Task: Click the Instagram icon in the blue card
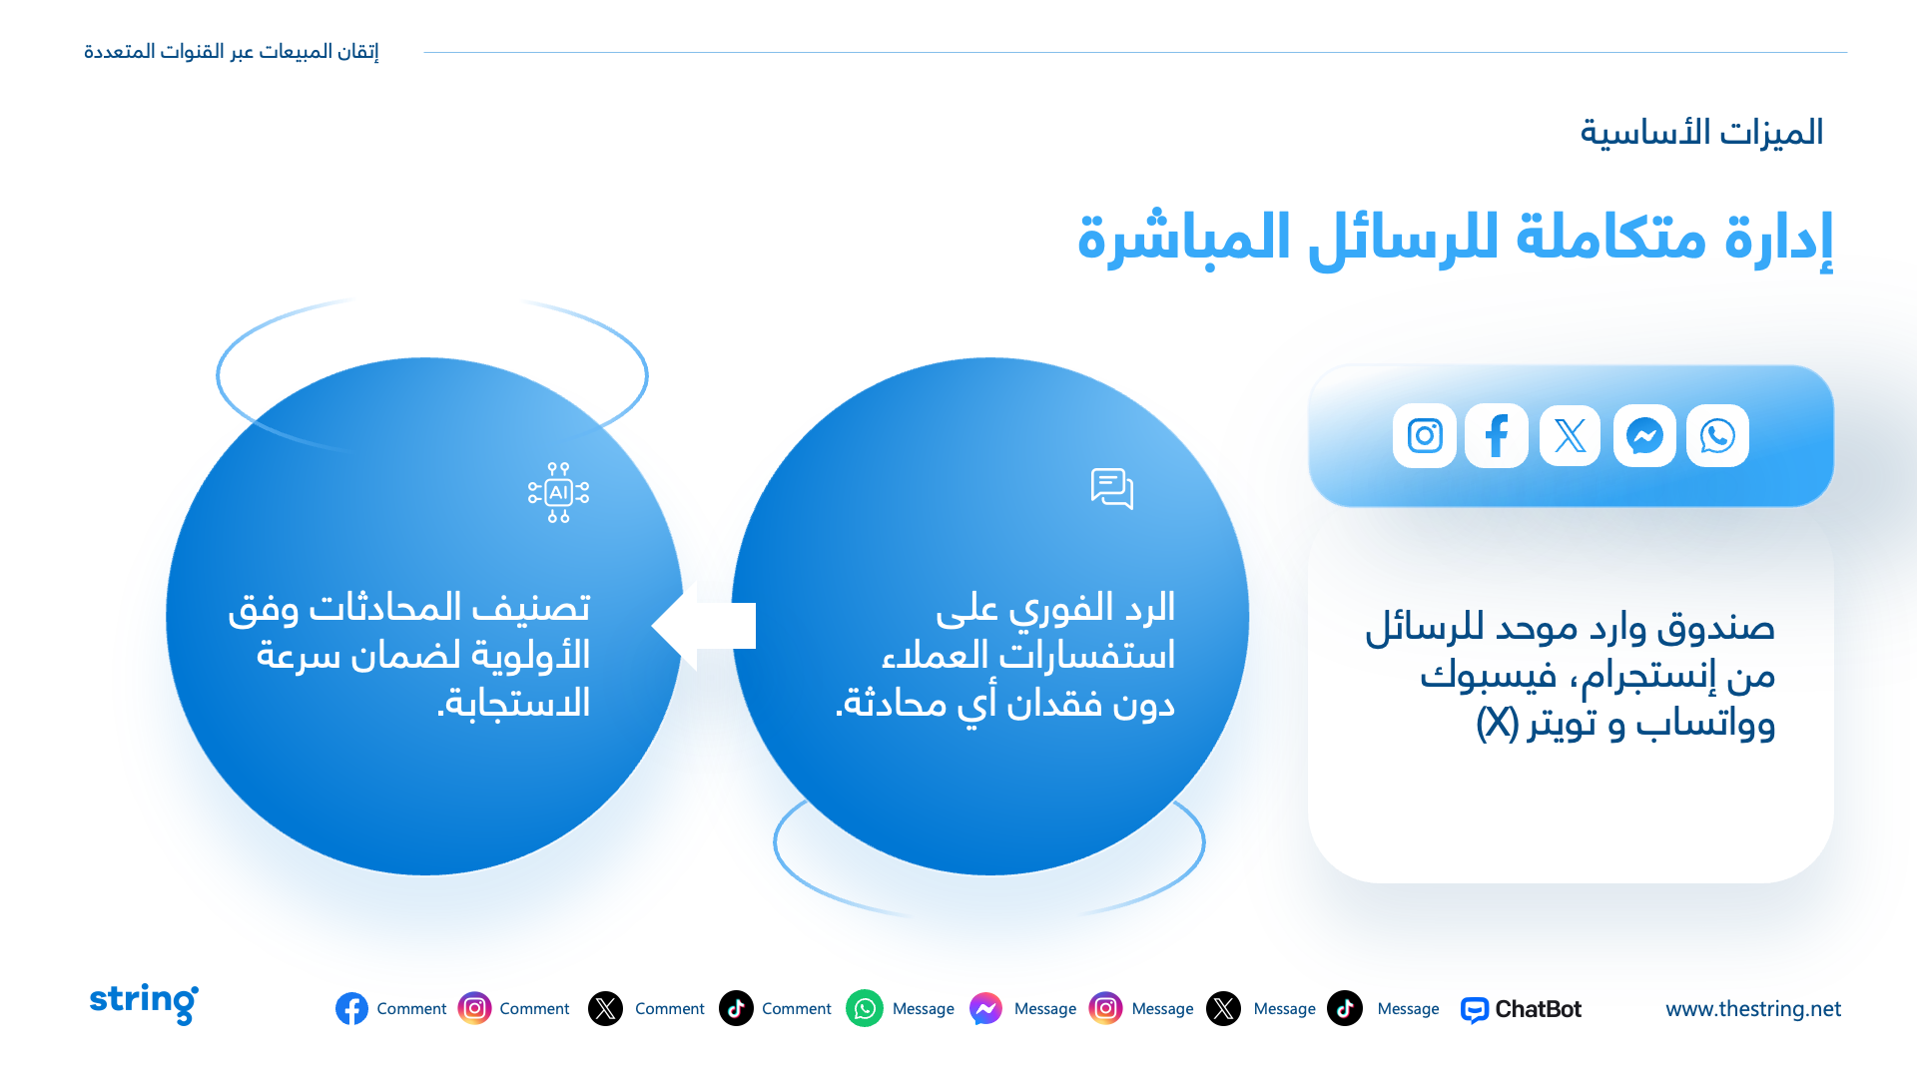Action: [1425, 435]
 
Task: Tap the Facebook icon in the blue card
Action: [1497, 435]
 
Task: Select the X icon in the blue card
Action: [1570, 435]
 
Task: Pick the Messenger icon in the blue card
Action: [1644, 435]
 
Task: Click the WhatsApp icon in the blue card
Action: [1717, 435]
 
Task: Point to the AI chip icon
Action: [559, 492]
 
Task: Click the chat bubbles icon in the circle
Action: [1112, 489]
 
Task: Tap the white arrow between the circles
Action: [703, 626]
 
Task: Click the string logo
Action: [144, 1003]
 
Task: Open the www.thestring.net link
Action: [1753, 1009]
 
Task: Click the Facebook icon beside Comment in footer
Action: [351, 1009]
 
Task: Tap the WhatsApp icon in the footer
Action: [865, 1008]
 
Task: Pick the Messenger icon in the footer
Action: [985, 1008]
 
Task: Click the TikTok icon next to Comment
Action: [736, 1008]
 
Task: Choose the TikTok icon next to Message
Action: [1345, 1008]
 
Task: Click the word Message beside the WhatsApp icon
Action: [924, 1009]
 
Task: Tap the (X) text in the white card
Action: [1498, 723]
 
